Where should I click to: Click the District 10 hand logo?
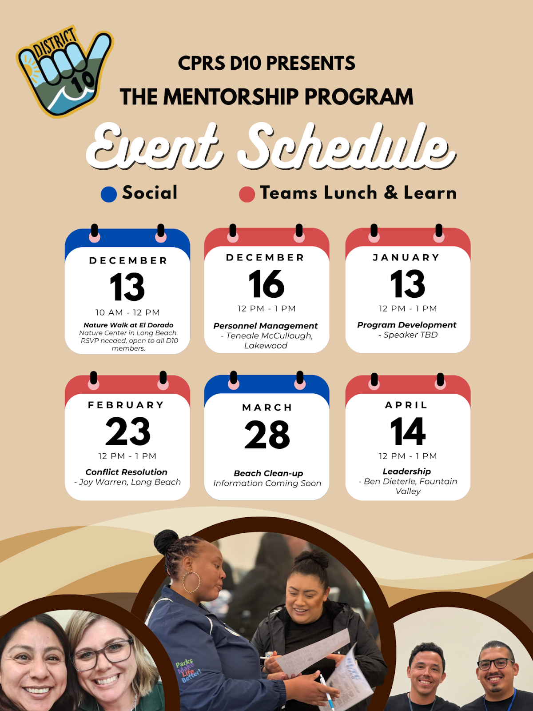[65, 71]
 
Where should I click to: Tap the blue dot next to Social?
[109, 194]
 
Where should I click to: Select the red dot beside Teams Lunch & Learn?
[247, 194]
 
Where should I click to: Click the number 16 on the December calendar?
[266, 284]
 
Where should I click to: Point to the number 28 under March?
[267, 434]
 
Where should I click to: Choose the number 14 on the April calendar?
[408, 431]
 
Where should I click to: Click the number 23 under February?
[128, 431]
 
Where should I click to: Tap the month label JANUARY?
[406, 257]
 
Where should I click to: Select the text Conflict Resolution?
[127, 472]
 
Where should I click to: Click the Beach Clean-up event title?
[268, 473]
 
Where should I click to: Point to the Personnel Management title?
[265, 326]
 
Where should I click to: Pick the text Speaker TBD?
[410, 335]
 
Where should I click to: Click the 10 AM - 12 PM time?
[127, 312]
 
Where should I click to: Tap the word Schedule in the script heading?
[346, 146]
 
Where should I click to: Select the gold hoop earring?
[191, 582]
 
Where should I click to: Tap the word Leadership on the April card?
[407, 471]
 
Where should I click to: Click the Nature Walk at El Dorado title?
[128, 325]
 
